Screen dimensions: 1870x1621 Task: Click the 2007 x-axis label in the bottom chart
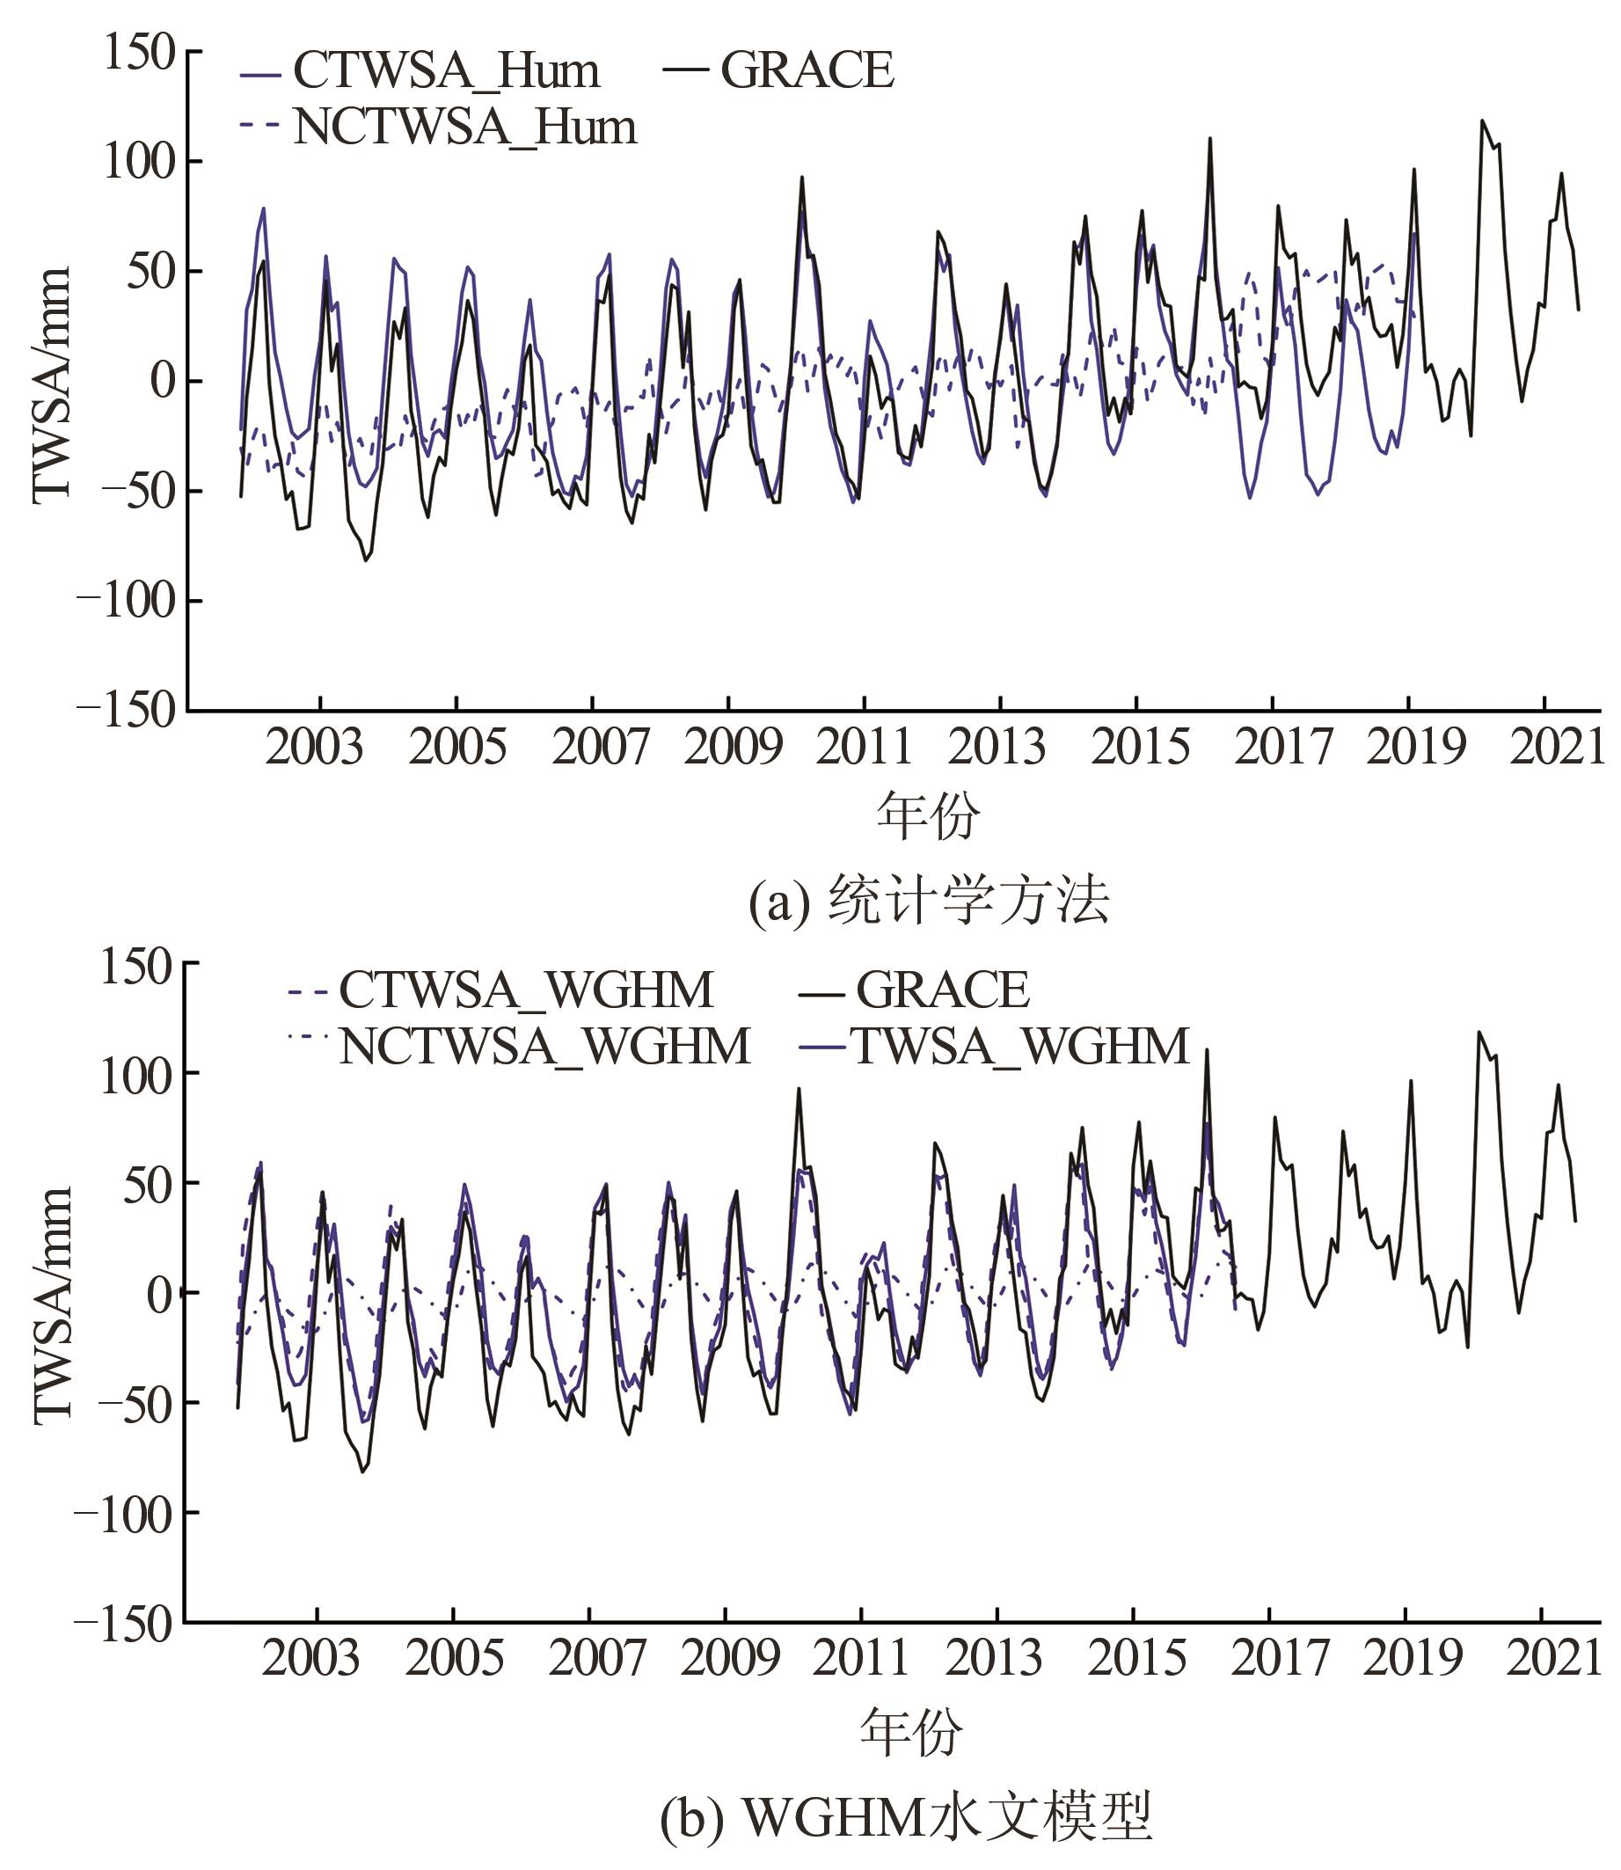[x=597, y=1658]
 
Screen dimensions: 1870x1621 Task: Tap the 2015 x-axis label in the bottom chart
[x=1137, y=1658]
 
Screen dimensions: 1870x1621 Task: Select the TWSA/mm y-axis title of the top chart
[x=52, y=383]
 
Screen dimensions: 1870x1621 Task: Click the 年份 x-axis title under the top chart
[x=927, y=815]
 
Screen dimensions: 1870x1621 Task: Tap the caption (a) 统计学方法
[x=928, y=902]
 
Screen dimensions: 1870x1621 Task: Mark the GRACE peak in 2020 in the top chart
[x=1482, y=121]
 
